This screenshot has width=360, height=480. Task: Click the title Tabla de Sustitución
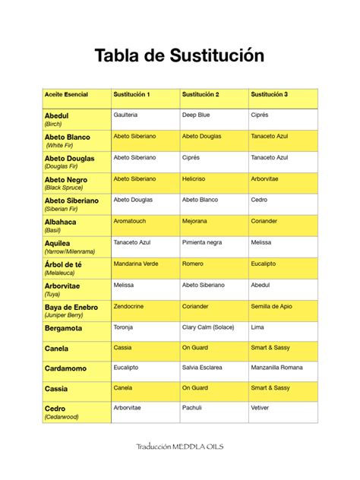tap(180, 55)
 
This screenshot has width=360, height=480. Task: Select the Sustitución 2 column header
tap(201, 95)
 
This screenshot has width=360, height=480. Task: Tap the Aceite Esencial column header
tap(66, 95)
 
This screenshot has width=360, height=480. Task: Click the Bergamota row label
tap(64, 329)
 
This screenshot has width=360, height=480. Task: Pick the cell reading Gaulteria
tap(125, 115)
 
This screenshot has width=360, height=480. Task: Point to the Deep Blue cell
tap(196, 115)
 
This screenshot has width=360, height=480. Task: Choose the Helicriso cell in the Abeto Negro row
tap(194, 179)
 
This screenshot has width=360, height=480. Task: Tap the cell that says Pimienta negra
tap(202, 242)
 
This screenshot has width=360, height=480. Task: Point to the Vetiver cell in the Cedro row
tap(260, 407)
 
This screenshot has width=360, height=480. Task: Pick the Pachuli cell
tap(193, 407)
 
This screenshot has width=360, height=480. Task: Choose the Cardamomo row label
tap(65, 368)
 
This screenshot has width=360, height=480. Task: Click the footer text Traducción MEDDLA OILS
tap(179, 447)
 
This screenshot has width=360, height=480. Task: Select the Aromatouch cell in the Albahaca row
tap(131, 221)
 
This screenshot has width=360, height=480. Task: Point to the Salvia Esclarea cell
tap(202, 367)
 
